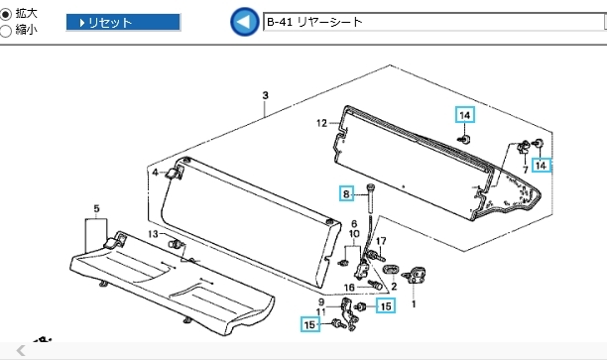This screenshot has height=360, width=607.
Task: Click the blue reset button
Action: click(x=123, y=23)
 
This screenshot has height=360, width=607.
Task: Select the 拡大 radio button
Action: click(x=5, y=15)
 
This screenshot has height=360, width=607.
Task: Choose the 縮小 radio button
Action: click(x=5, y=31)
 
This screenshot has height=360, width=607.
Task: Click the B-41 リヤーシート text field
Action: click(x=433, y=22)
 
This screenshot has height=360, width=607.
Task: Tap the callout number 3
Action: click(x=265, y=95)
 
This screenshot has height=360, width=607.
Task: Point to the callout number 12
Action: click(x=321, y=123)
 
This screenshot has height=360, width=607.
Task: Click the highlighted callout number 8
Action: click(x=346, y=193)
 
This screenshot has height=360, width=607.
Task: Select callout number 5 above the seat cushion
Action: click(x=96, y=209)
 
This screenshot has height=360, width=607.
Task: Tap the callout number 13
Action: click(x=153, y=234)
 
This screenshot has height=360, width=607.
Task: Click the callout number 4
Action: click(x=156, y=173)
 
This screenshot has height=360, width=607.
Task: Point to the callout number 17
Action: click(x=381, y=241)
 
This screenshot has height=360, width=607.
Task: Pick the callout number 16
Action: click(x=349, y=288)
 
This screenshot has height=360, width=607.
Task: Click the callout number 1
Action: click(x=414, y=304)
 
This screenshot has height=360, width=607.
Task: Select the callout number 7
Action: click(x=526, y=170)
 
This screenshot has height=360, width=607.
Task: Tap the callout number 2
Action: click(x=394, y=287)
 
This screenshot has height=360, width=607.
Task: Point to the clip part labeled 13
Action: click(x=176, y=244)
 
